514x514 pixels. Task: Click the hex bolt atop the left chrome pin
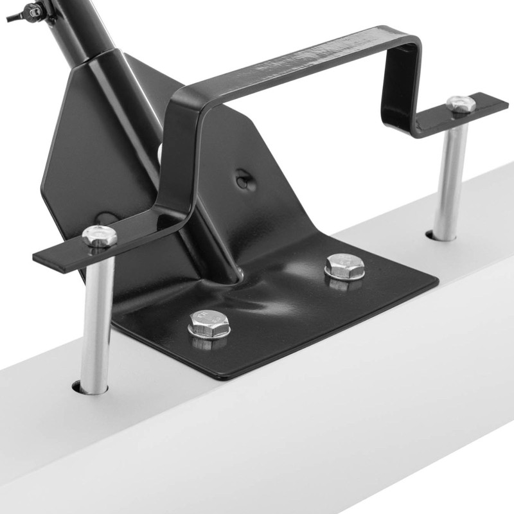tap(100, 236)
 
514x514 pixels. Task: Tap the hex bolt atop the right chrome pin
tap(461, 104)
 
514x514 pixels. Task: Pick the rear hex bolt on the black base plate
tap(344, 265)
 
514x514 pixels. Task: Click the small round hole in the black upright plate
tap(242, 181)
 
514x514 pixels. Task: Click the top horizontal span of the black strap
tap(302, 64)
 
